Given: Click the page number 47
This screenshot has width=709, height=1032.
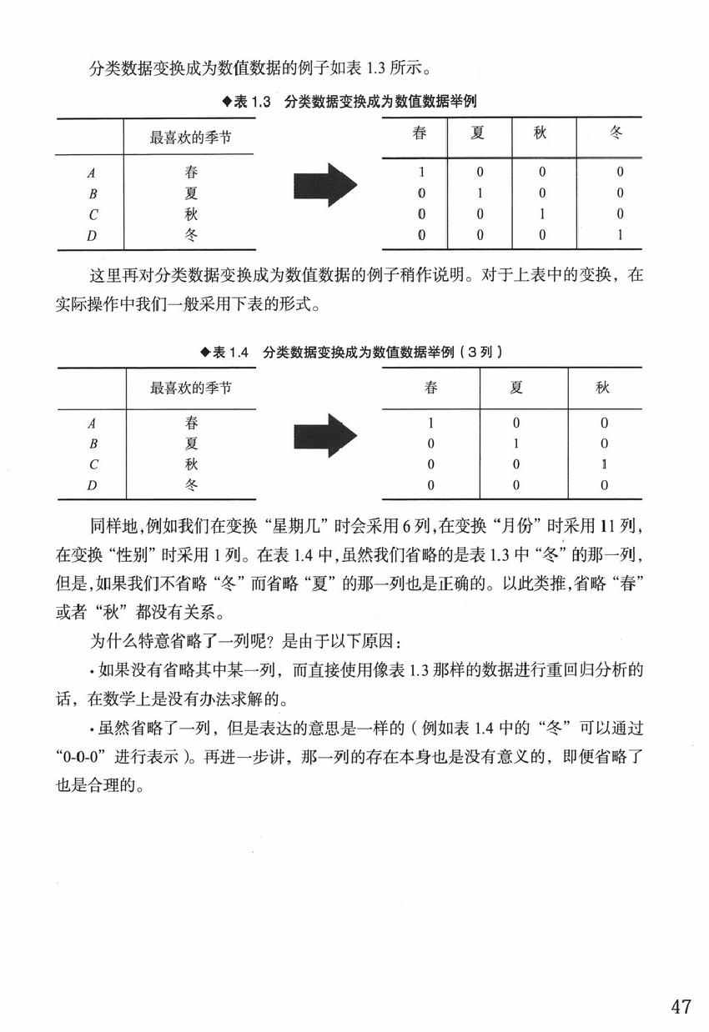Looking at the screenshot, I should (681, 1006).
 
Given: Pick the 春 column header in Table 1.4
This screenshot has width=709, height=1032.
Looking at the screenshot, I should (430, 388).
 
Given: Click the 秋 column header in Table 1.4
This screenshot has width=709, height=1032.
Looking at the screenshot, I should (603, 388).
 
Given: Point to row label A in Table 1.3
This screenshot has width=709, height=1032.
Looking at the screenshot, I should (91, 174).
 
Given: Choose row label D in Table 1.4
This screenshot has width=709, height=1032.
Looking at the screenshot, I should (93, 484).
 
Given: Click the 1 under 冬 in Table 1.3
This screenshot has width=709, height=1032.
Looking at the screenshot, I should (620, 235).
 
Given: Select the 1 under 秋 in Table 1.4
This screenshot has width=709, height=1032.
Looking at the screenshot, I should (603, 463).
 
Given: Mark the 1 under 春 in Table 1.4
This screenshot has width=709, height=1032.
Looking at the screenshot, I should (430, 423).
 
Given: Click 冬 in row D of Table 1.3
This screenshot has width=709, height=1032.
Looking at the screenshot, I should (192, 235).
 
